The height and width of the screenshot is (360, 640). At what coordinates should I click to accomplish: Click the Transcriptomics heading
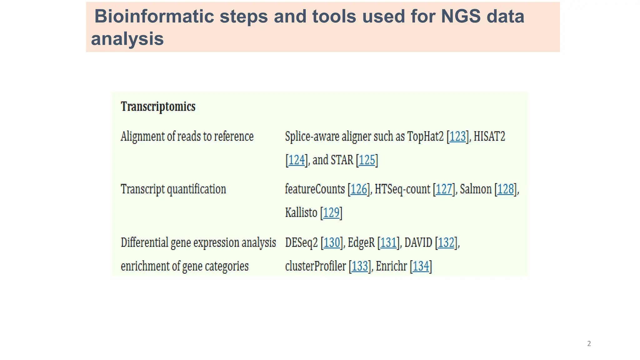(158, 107)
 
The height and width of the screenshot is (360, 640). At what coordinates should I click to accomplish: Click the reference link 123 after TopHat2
(458, 137)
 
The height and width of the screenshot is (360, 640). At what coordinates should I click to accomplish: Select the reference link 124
(296, 160)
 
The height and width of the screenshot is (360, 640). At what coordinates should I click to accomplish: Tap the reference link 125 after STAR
(367, 160)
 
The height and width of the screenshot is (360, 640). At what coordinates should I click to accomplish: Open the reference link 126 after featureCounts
(359, 189)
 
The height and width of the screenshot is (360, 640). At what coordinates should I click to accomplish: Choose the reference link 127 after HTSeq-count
(444, 189)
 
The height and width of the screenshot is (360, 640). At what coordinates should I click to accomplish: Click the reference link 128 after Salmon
(506, 189)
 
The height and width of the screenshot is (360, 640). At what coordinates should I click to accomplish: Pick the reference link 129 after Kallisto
(331, 213)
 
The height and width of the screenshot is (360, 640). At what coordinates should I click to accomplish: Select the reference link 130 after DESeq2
(332, 242)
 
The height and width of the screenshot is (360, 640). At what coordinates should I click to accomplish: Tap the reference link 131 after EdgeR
(388, 242)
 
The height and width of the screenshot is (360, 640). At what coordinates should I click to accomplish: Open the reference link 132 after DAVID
(446, 242)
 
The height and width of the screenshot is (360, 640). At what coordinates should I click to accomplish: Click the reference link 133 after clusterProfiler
(360, 266)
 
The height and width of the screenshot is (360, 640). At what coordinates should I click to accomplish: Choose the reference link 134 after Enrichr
(421, 266)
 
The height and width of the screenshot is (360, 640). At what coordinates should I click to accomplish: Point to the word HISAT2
(489, 137)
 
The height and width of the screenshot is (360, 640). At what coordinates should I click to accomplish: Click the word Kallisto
(301, 213)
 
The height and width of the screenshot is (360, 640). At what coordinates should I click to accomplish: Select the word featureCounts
(315, 189)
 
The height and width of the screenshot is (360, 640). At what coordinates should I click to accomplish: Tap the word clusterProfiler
(316, 266)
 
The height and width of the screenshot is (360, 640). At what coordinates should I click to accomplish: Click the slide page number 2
(589, 344)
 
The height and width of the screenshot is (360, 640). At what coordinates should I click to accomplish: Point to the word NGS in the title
(461, 16)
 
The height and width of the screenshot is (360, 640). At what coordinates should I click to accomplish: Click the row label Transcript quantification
(173, 189)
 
